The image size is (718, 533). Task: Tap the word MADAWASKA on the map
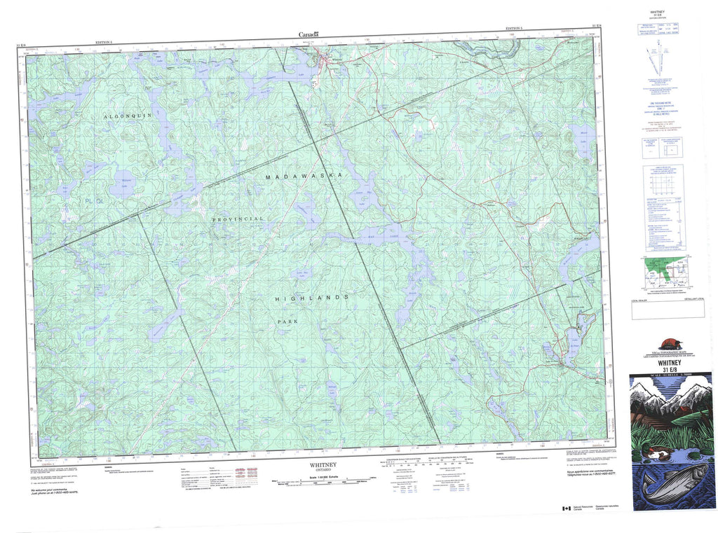[304, 177]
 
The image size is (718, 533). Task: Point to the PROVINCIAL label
[239, 219]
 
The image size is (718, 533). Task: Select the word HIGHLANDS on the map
[302, 298]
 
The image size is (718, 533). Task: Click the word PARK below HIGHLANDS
[281, 323]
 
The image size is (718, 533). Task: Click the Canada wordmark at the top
[309, 34]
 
